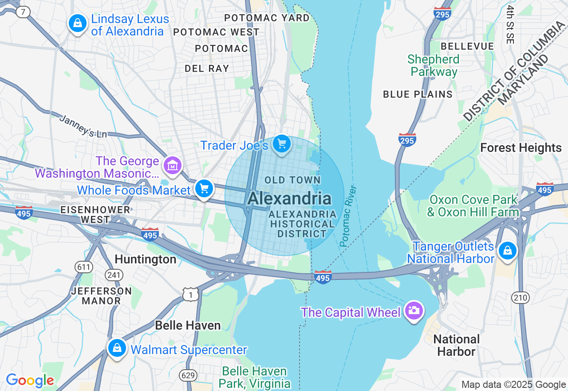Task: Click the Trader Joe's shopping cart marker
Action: click(282, 144)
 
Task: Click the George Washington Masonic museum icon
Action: click(172, 166)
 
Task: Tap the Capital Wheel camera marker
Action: click(414, 311)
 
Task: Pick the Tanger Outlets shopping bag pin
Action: click(507, 251)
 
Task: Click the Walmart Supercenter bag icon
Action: click(117, 348)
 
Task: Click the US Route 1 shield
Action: click(190, 294)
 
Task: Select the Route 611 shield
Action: click(84, 267)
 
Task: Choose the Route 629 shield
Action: click(188, 375)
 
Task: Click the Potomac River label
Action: click(348, 216)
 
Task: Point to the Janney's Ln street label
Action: click(83, 126)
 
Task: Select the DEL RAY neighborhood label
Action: click(207, 68)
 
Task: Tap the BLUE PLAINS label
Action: click(418, 94)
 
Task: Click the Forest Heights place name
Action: click(521, 148)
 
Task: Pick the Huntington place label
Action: click(146, 259)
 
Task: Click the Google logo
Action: click(30, 381)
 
